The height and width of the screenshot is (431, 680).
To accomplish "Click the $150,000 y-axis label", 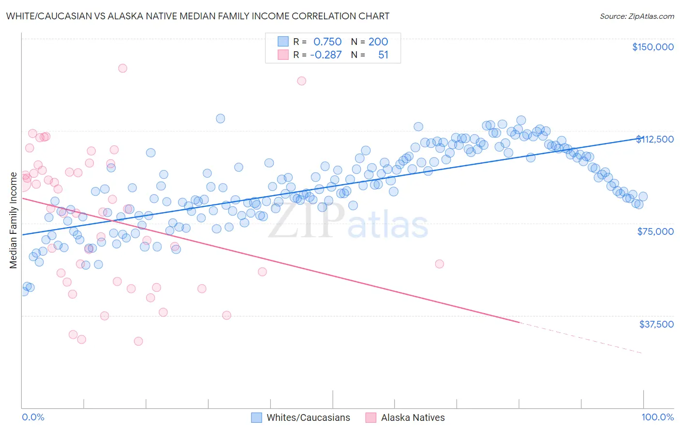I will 652,47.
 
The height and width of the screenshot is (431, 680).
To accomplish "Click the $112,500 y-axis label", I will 655,139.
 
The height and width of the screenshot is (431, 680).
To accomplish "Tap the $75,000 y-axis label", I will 655,231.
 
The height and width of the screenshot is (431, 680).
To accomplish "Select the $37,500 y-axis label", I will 656,324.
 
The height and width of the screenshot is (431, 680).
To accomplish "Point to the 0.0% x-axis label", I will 33,417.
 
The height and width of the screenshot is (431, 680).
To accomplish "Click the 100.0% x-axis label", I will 657,417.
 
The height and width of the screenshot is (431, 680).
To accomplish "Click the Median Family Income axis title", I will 14,220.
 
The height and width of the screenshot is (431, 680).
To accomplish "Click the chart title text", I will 197,16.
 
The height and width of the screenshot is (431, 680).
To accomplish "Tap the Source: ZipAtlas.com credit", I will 636,16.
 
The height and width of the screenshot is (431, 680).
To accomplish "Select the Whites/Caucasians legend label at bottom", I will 308,417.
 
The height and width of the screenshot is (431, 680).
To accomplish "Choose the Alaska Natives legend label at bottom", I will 413,417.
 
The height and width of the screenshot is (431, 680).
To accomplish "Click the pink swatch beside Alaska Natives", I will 370,417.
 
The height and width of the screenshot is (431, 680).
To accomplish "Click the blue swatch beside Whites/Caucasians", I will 256,417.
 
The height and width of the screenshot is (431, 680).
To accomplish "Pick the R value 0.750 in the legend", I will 327,42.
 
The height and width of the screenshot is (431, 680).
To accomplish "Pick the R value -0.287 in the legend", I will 325,55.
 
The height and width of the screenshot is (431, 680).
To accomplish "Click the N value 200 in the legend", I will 378,42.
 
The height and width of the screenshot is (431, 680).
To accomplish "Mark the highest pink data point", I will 122,68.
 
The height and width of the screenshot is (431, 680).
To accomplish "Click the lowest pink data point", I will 138,341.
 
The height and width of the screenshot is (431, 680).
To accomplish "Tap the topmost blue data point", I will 220,118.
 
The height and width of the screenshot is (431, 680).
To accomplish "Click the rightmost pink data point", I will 439,264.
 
